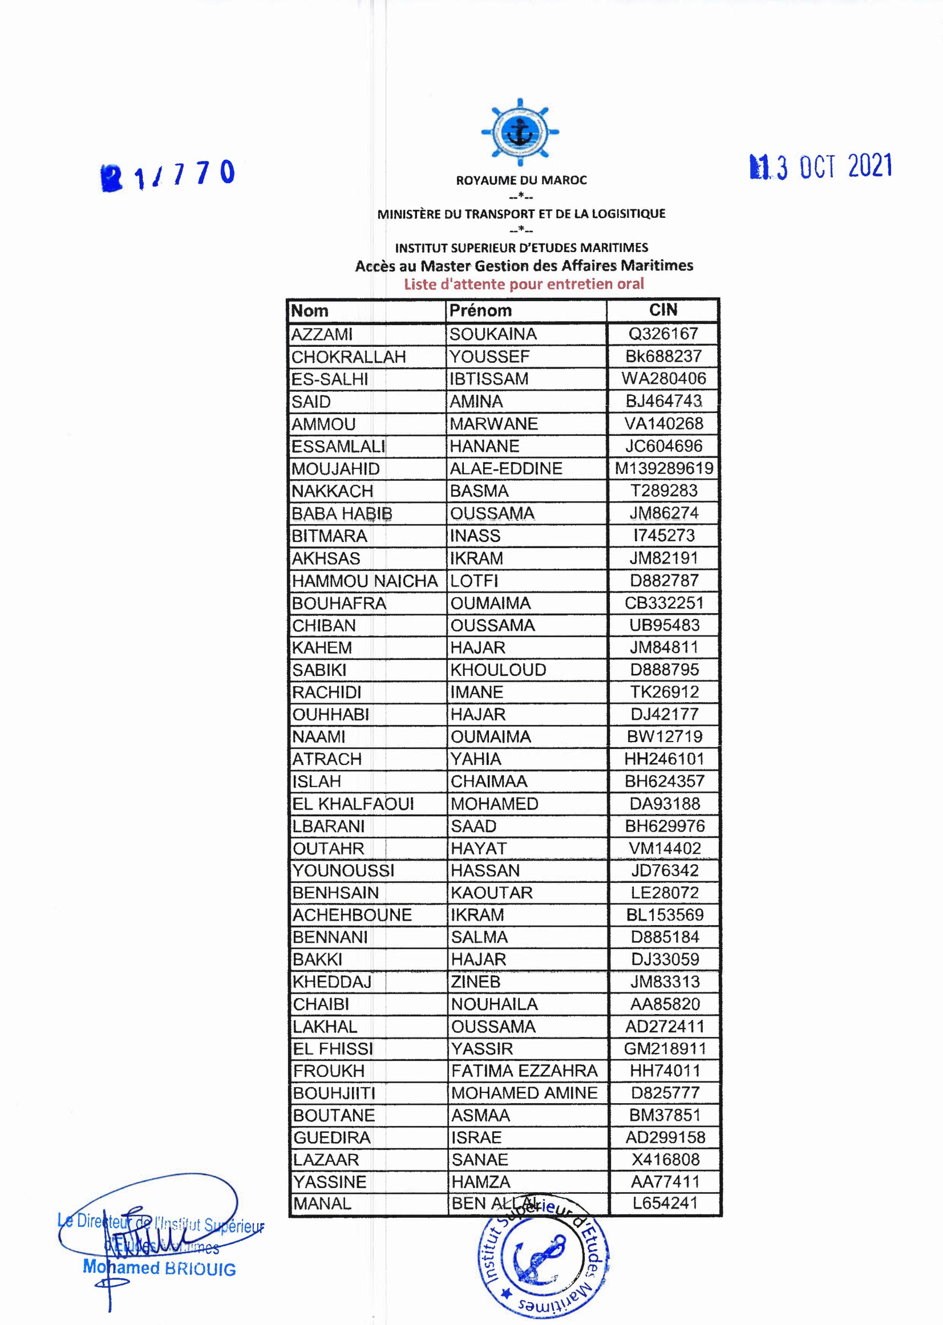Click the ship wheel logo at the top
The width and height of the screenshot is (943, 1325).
[520, 132]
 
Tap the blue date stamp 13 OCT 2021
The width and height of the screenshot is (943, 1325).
[821, 167]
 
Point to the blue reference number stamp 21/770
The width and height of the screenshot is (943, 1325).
[168, 175]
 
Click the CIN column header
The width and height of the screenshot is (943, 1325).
[663, 310]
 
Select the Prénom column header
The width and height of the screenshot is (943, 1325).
[481, 311]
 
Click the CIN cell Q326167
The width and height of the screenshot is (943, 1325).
[663, 334]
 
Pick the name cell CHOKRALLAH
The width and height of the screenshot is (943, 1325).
[349, 356]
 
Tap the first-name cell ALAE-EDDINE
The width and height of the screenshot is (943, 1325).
[506, 468]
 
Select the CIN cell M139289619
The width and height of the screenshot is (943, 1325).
[663, 468]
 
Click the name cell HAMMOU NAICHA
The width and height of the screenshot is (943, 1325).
[365, 581]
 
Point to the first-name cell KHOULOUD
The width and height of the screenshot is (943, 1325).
[498, 670]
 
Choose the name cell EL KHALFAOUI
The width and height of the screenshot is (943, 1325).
[353, 804]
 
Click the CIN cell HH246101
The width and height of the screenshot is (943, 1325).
[663, 759]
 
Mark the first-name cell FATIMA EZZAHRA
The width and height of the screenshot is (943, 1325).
[524, 1071]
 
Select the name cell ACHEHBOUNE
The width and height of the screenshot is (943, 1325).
[352, 915]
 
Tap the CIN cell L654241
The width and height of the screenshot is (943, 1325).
[665, 1203]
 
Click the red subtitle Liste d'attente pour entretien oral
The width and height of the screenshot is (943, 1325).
[524, 284]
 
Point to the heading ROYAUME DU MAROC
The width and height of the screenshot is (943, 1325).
[521, 181]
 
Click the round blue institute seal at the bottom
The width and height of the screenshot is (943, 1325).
[543, 1257]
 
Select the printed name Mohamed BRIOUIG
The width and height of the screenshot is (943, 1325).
[160, 1267]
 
